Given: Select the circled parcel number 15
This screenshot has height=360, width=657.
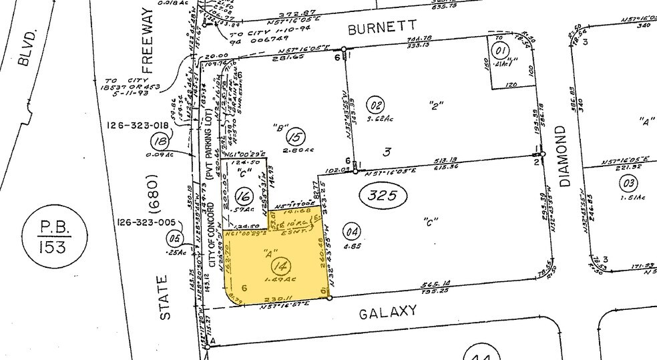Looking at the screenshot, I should [x=294, y=138].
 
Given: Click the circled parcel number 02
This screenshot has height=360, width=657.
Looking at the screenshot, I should [x=377, y=105].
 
